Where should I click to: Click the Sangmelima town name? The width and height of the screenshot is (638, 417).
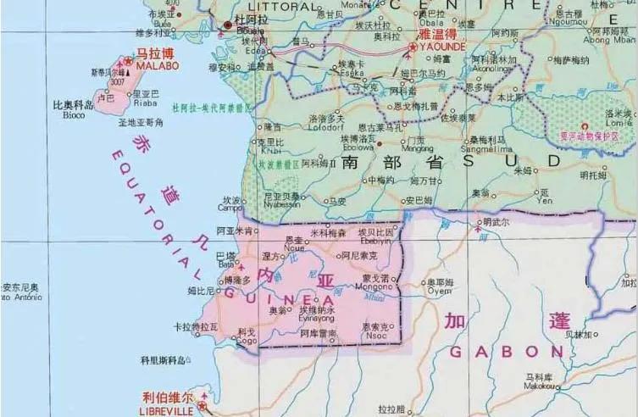(x=481, y=147)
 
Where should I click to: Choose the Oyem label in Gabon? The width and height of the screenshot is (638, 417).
(x=438, y=291)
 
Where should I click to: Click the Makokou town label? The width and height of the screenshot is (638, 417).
(x=539, y=386)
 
